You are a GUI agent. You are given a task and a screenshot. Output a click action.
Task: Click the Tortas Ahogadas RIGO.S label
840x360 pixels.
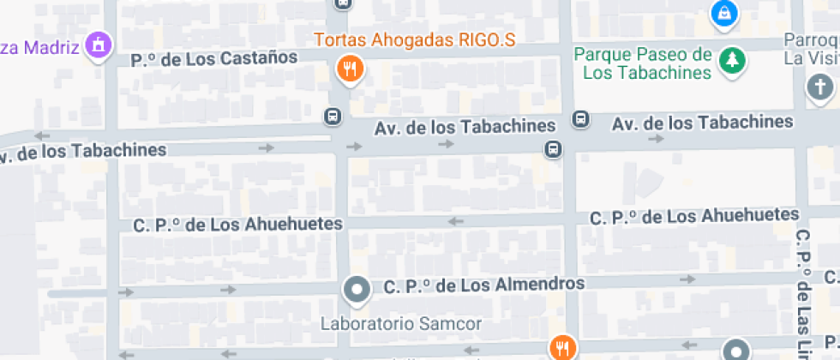point(415,39)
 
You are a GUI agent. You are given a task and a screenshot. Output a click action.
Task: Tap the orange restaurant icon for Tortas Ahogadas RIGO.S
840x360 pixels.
point(348,69)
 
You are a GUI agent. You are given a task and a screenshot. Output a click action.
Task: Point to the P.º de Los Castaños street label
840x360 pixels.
point(214,59)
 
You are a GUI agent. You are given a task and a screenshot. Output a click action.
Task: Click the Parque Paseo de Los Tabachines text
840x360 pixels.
point(644,63)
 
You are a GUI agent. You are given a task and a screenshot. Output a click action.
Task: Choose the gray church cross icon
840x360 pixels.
point(820,87)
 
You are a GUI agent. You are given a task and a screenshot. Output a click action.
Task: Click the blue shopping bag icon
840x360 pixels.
point(724,12)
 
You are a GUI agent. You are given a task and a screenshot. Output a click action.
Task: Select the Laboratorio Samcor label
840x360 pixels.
point(401,324)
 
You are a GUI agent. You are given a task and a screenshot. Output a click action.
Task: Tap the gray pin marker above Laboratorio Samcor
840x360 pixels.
point(356,290)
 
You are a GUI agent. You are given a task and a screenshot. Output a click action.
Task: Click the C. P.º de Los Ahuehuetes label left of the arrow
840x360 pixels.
point(238,225)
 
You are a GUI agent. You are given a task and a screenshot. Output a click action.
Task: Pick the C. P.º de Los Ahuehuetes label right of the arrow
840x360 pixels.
point(694,216)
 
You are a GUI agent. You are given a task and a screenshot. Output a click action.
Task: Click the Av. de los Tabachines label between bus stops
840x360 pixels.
point(465,127)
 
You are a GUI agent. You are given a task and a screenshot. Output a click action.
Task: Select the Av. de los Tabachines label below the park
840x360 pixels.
point(702,122)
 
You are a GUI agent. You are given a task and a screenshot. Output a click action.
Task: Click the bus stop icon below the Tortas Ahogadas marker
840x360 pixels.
point(333,116)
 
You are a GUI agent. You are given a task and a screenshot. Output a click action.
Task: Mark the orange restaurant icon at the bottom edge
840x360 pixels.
point(562,347)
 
